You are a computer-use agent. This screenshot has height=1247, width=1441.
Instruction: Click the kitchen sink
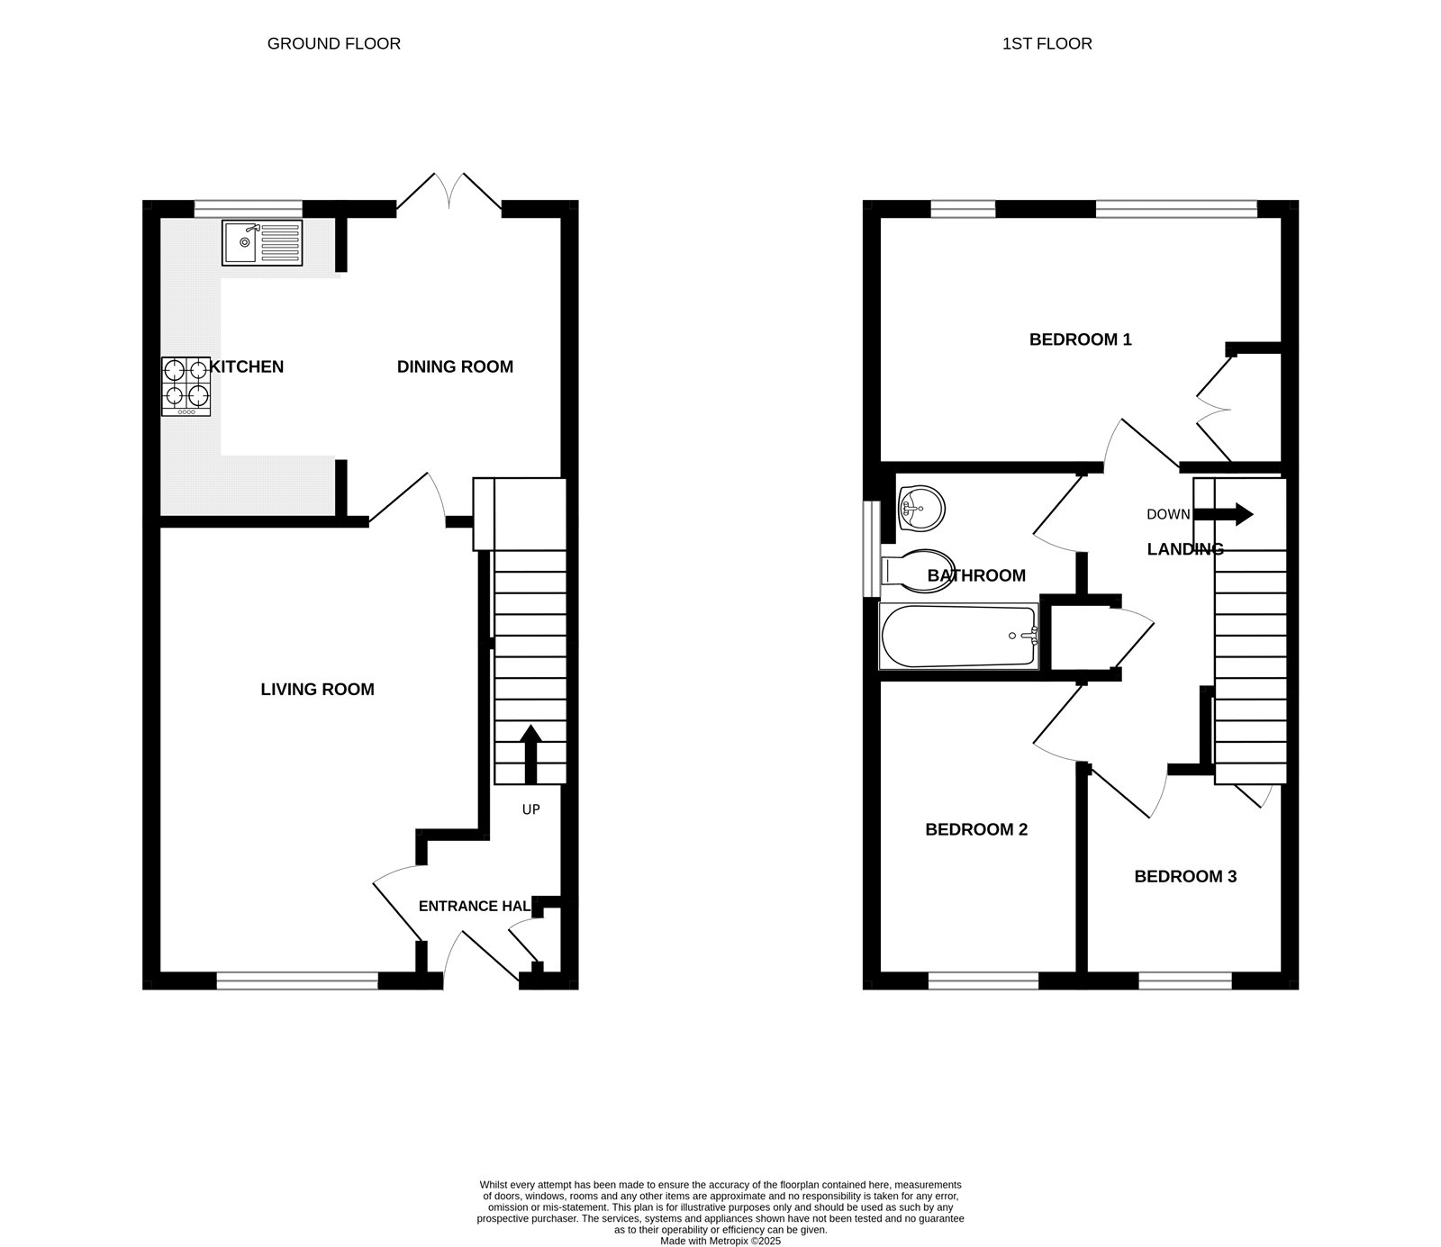tap(262, 242)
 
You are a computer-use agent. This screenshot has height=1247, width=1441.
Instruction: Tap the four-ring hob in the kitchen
tap(186, 386)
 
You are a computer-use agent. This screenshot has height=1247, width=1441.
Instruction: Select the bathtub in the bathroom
tap(958, 637)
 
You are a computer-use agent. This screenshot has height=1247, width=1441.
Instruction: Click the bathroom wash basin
tap(920, 510)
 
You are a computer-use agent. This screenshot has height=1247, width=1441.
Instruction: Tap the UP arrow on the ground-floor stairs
tap(530, 753)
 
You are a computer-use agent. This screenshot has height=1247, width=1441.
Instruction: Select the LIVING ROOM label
tap(317, 690)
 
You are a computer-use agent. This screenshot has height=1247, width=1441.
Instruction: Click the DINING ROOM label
tap(455, 366)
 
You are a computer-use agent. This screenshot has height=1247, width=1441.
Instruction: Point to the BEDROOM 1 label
tap(1080, 339)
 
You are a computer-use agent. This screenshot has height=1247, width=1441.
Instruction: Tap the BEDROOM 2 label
tap(976, 829)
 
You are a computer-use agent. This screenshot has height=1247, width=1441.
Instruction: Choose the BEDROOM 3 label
tap(1184, 876)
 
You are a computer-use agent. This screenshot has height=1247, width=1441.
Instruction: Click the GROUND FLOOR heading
tap(333, 43)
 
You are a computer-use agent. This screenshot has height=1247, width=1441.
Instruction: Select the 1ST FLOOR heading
tap(1047, 43)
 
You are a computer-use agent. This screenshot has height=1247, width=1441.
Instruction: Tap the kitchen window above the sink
tap(248, 209)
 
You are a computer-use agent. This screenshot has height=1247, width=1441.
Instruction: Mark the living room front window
tap(297, 981)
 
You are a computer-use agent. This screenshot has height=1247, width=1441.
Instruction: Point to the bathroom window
tap(871, 547)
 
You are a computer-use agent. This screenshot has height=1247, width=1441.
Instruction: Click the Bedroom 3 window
tap(1184, 981)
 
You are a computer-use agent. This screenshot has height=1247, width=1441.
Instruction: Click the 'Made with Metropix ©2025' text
tap(720, 1241)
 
